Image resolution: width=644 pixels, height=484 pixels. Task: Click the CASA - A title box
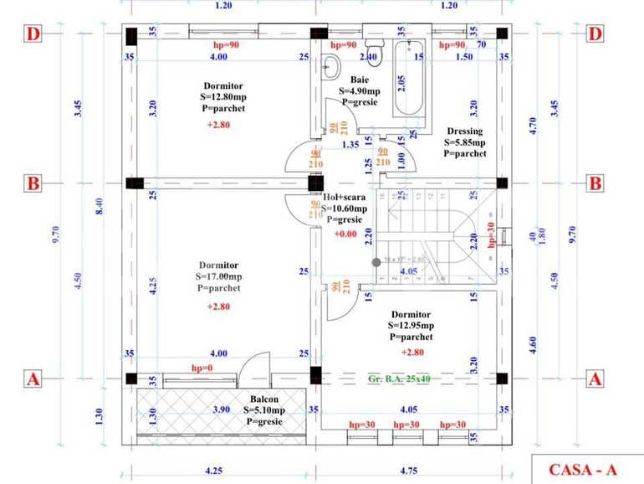587,470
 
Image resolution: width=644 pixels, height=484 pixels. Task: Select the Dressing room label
464,131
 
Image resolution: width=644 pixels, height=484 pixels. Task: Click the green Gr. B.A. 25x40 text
399,379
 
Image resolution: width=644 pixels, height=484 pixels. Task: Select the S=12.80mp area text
224,96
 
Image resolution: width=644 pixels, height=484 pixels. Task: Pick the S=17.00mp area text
219,276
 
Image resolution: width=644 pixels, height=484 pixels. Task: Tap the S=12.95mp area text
411,326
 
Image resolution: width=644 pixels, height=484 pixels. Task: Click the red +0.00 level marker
346,234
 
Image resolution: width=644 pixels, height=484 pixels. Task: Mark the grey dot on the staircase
376,262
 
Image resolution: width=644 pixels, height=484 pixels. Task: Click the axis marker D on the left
33,34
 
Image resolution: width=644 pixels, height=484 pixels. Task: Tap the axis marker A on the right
595,379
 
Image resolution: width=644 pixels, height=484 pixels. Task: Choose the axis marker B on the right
595,183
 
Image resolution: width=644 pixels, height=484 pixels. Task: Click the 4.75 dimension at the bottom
408,471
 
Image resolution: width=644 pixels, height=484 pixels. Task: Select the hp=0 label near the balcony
202,368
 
